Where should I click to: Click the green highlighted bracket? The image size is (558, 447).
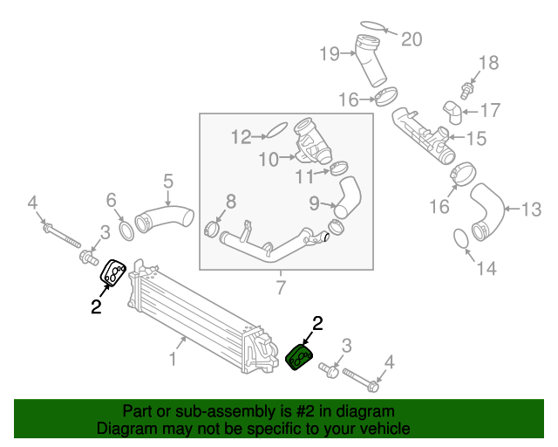300,356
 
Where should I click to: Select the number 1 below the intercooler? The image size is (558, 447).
173,359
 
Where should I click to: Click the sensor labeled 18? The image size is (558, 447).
468,88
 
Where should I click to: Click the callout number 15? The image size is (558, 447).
476,138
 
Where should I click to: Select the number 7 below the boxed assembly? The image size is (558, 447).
281,286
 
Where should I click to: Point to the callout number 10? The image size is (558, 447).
267,160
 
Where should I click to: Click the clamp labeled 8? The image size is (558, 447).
210,230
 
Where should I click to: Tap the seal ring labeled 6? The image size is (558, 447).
125,230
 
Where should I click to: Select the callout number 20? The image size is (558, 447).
410,38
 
